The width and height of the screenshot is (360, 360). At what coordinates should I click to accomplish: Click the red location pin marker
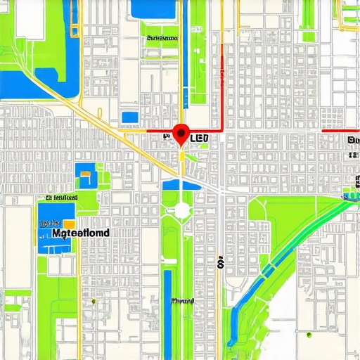click(x=181, y=133)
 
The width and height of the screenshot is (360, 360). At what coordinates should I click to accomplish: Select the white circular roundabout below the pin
click(x=181, y=210)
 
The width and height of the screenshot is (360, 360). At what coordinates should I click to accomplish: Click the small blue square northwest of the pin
click(x=130, y=117)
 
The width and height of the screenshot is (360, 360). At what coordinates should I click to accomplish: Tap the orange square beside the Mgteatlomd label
click(x=70, y=223)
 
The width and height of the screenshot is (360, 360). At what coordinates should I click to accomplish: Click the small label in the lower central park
click(x=182, y=301)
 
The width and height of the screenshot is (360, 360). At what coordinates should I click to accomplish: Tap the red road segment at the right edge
click(x=340, y=131)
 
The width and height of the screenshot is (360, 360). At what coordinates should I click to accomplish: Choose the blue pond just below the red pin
click(x=181, y=185)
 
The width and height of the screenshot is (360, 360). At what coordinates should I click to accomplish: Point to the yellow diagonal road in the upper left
click(x=77, y=105)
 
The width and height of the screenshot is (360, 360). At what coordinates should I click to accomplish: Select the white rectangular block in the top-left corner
click(x=30, y=19)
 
